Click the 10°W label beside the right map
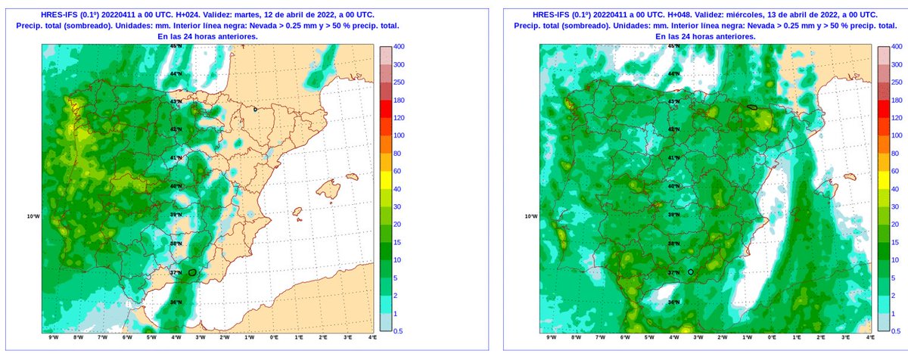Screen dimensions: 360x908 (531, 217)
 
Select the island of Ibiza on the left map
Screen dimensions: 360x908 (297, 211)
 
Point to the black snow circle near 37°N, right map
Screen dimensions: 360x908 (690, 271)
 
